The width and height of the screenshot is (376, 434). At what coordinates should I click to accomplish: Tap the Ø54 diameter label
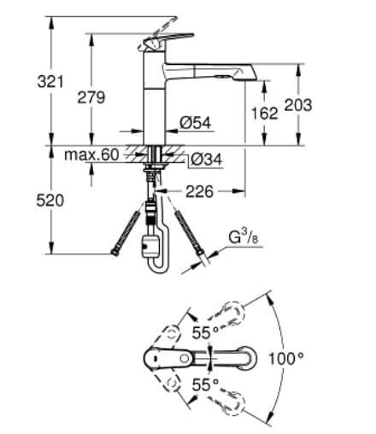click(x=196, y=123)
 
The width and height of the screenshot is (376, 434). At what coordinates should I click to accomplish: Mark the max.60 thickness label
click(x=91, y=155)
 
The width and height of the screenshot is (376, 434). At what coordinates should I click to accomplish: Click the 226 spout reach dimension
click(x=198, y=191)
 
